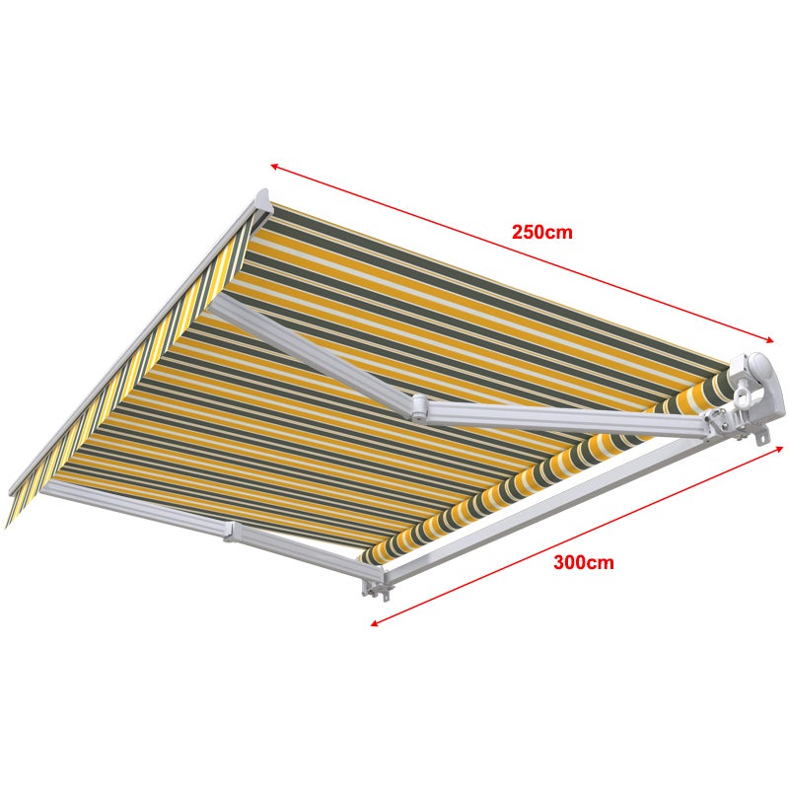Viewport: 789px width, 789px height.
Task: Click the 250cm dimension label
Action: pyautogui.click(x=541, y=233)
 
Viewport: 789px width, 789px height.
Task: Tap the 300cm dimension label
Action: pyautogui.click(x=583, y=563)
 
